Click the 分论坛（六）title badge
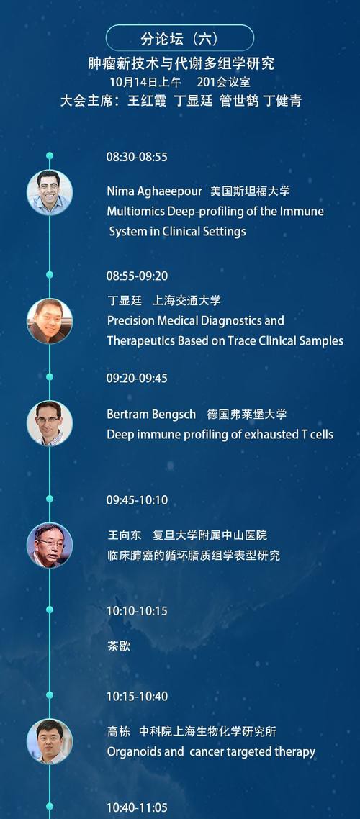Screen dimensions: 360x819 180,38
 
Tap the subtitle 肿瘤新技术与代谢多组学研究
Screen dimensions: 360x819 181,64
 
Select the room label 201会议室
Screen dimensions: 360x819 224,82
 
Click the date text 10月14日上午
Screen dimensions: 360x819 145,82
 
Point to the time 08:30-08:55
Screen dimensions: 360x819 137,157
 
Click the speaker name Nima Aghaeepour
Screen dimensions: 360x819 154,191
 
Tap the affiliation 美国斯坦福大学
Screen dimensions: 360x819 250,191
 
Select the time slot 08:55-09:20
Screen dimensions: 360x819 137,276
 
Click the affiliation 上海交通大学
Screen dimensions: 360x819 186,300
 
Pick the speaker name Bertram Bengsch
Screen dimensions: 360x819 151,415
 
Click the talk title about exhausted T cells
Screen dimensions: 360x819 220,435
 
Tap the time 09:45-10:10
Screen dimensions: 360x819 137,500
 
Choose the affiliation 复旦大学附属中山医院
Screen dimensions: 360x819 210,535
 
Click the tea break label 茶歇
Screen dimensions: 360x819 119,646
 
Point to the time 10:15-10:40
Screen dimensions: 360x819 137,696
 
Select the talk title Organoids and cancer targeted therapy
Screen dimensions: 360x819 211,752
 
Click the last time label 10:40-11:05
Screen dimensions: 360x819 137,807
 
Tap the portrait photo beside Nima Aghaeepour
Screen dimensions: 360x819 50,192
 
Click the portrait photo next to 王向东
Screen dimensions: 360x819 50,545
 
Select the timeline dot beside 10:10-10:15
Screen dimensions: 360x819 50,610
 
